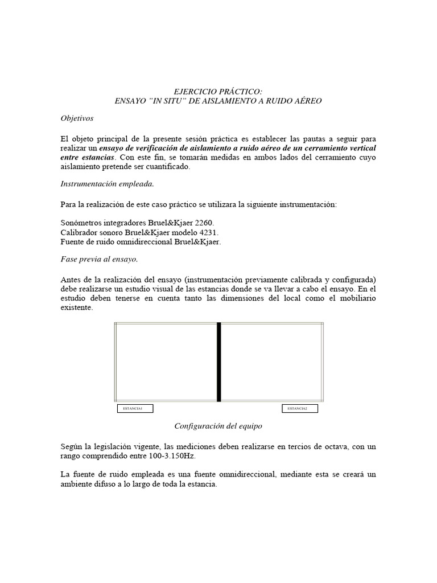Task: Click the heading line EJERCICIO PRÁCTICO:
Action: pyautogui.click(x=218, y=92)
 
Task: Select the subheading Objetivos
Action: pyautogui.click(x=77, y=118)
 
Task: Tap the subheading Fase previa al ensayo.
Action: pyautogui.click(x=99, y=259)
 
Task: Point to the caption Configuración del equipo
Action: pyautogui.click(x=218, y=425)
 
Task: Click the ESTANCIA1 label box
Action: pyautogui.click(x=135, y=408)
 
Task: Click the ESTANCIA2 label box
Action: pyautogui.click(x=300, y=408)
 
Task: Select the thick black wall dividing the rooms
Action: pyautogui.click(x=218, y=362)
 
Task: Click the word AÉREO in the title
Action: pyautogui.click(x=307, y=101)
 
